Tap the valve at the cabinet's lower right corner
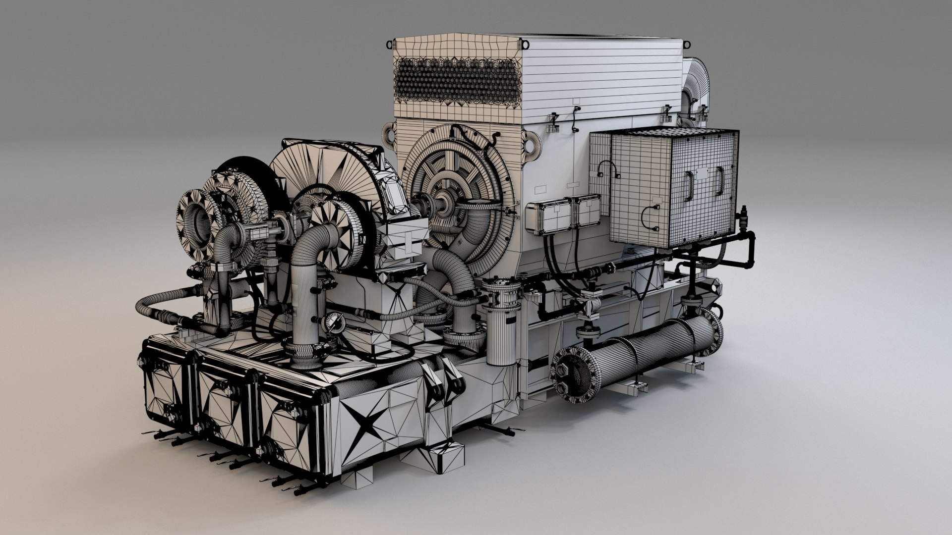coord(744,218)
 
